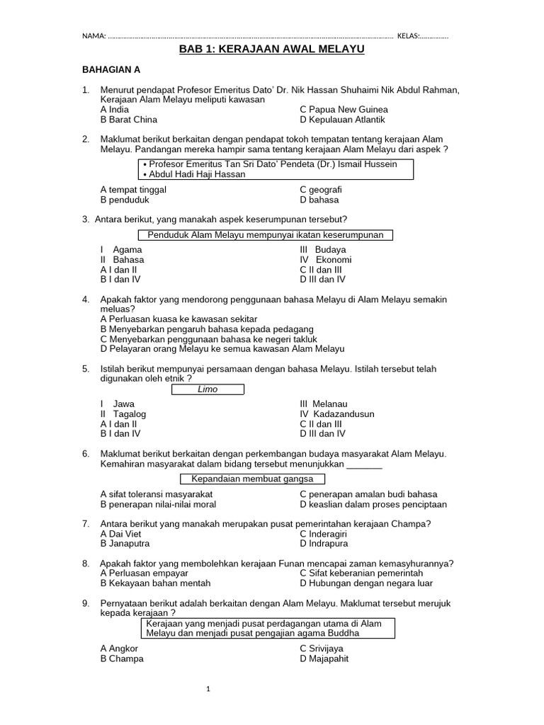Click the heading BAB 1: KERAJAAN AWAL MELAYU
pyautogui.click(x=271, y=50)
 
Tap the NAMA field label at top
pyautogui.click(x=93, y=36)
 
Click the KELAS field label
pyautogui.click(x=409, y=36)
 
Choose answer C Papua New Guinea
pyautogui.click(x=344, y=110)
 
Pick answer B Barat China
pyautogui.click(x=129, y=120)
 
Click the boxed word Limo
pyautogui.click(x=208, y=389)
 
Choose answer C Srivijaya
pyautogui.click(x=322, y=649)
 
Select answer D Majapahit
pyautogui.click(x=324, y=658)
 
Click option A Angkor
pyautogui.click(x=120, y=649)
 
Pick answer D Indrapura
pyautogui.click(x=324, y=544)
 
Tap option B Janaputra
pyautogui.click(x=125, y=544)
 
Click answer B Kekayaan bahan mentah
pyautogui.click(x=155, y=583)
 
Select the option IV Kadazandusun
pyautogui.click(x=337, y=414)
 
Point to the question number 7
pyautogui.click(x=86, y=524)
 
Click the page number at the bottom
pyautogui.click(x=208, y=689)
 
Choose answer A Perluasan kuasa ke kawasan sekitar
pyautogui.click(x=179, y=319)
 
